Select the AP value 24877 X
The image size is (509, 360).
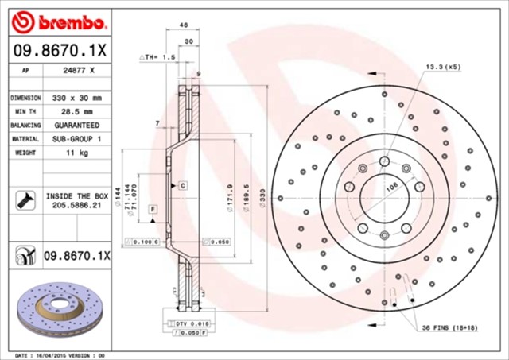pyautogui.click(x=78, y=71)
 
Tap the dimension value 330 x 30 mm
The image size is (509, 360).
pyautogui.click(x=78, y=97)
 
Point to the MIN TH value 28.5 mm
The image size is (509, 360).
pyautogui.click(x=78, y=111)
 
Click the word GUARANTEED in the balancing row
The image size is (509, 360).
pyautogui.click(x=78, y=126)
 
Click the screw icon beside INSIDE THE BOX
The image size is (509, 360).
pyautogui.click(x=23, y=199)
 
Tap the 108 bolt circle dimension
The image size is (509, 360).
pyautogui.click(x=391, y=189)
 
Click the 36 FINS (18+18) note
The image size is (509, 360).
pyautogui.click(x=449, y=328)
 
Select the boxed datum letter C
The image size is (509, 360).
pyautogui.click(x=182, y=184)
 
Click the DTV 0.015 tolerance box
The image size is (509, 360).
pyautogui.click(x=188, y=323)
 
